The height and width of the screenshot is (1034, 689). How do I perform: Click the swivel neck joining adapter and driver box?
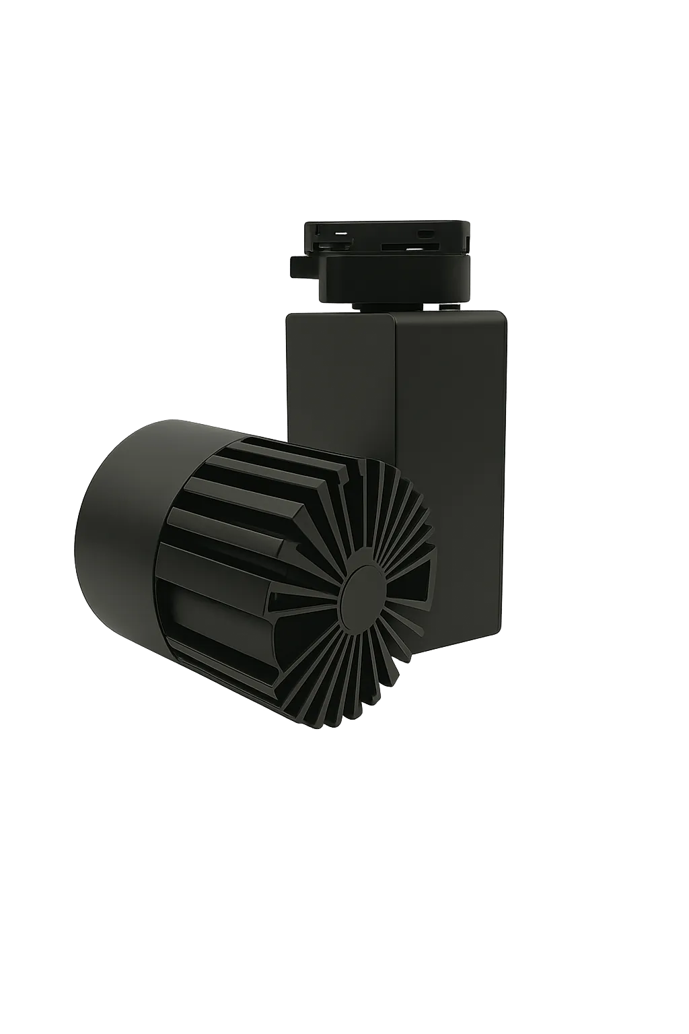(x=390, y=306)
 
